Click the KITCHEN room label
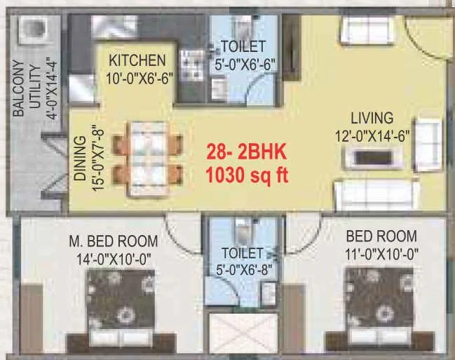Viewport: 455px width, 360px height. (x=137, y=60)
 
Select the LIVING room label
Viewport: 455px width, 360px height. (x=372, y=117)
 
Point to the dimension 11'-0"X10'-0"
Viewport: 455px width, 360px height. (x=382, y=253)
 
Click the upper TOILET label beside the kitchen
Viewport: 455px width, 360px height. (x=243, y=47)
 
